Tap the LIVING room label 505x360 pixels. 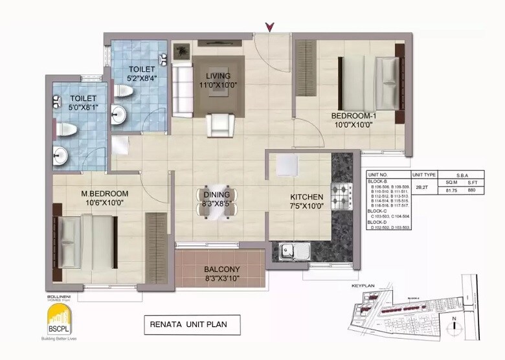[219, 76]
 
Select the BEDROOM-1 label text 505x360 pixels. [353, 116]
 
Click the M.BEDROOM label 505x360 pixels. [104, 194]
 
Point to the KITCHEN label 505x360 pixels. [306, 197]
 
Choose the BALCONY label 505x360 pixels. [222, 270]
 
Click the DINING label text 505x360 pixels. [217, 194]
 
